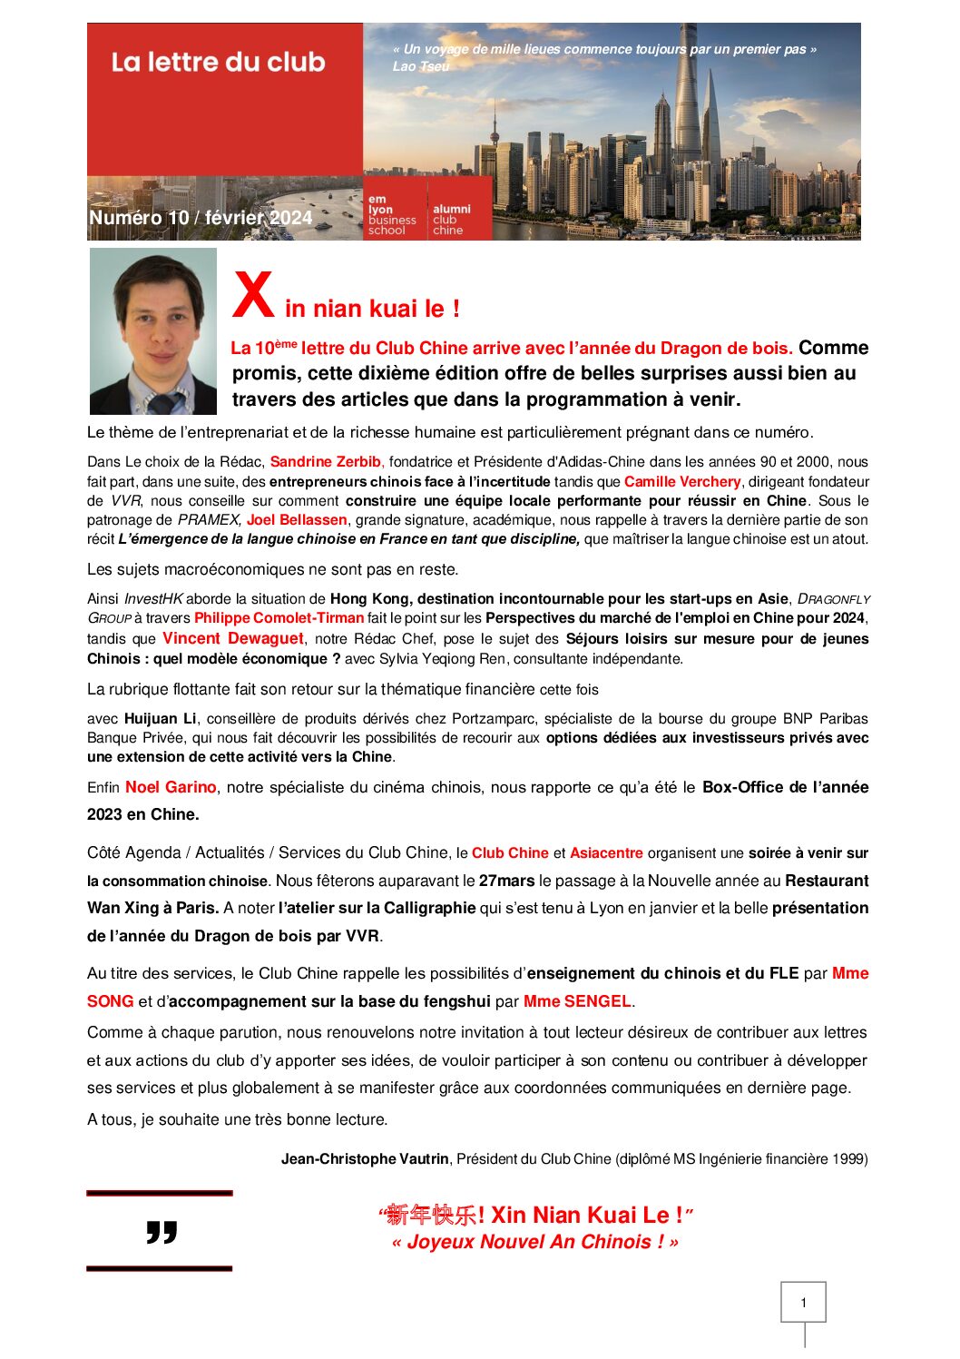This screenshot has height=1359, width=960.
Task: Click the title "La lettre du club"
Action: point(218,63)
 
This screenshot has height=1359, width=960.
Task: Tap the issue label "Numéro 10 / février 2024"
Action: point(201,218)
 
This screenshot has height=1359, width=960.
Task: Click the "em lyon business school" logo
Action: point(392,215)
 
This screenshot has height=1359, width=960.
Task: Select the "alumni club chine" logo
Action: point(451,219)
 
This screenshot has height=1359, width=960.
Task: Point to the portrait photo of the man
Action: point(153,330)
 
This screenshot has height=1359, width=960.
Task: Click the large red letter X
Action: point(253,296)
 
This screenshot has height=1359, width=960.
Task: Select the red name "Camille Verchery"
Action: point(682,482)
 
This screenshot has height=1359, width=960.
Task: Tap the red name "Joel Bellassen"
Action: point(297,520)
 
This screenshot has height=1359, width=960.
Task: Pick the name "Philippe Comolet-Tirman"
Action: point(279,618)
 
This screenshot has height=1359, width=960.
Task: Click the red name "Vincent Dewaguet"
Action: point(232,638)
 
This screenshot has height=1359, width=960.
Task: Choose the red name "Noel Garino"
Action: point(171,787)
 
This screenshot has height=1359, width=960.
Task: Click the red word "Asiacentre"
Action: point(606,853)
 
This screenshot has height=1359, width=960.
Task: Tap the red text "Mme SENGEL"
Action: point(577,1001)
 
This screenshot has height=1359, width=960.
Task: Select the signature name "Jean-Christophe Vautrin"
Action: point(365,1159)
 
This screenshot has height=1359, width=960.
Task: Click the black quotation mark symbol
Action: point(162,1232)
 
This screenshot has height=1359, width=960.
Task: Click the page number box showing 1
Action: point(803,1303)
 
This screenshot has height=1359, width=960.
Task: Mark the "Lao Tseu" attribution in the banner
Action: point(421,66)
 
